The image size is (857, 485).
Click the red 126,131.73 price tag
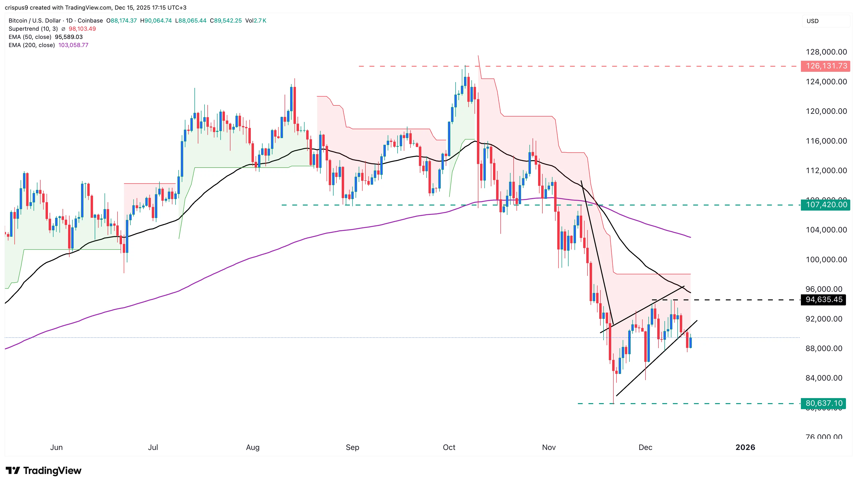[x=826, y=66]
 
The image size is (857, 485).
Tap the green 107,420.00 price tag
[x=826, y=205]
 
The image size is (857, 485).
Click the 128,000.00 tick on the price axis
[x=826, y=52]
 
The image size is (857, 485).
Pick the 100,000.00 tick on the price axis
[x=826, y=260]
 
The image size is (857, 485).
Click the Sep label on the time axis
[x=352, y=447]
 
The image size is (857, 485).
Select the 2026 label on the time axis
[x=745, y=447]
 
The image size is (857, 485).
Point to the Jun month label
[x=56, y=447]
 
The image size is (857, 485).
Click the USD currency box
[x=812, y=21]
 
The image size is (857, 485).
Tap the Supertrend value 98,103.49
[x=82, y=29]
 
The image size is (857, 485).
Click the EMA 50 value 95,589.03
[x=69, y=37]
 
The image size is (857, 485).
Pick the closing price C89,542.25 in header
[x=226, y=21]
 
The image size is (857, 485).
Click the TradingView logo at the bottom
[x=44, y=470]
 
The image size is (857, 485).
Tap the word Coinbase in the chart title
[x=90, y=21]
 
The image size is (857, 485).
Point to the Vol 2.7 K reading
[x=256, y=21]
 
